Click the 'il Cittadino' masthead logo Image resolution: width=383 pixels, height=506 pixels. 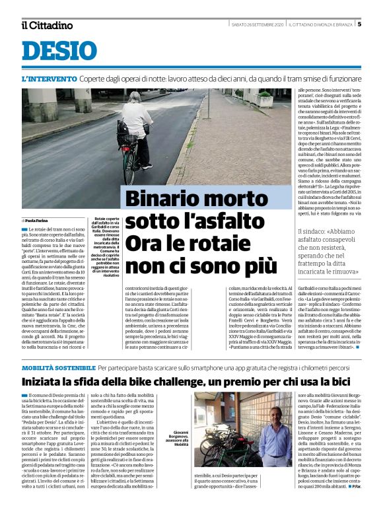pos(46,26)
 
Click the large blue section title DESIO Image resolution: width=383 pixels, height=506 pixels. pos(59,52)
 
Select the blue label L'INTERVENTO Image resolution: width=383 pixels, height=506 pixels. pos(49,79)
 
